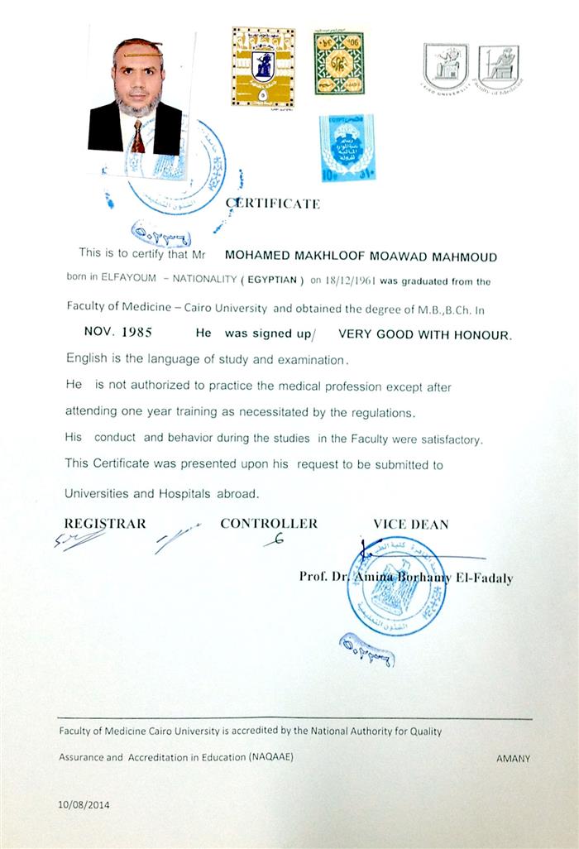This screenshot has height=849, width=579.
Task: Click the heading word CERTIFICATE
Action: coord(272,204)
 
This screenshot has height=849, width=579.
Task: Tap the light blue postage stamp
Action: coord(346,148)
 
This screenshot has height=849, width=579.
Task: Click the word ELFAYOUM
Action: coord(126,281)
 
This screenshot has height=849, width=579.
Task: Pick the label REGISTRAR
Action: coord(105,523)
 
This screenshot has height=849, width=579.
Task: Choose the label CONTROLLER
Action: coord(269,523)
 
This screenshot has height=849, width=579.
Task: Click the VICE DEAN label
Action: coord(411,524)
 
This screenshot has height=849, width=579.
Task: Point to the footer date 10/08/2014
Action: coord(84,804)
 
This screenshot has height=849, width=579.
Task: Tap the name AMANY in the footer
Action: coord(513,758)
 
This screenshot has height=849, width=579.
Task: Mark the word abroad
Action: coord(239,493)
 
